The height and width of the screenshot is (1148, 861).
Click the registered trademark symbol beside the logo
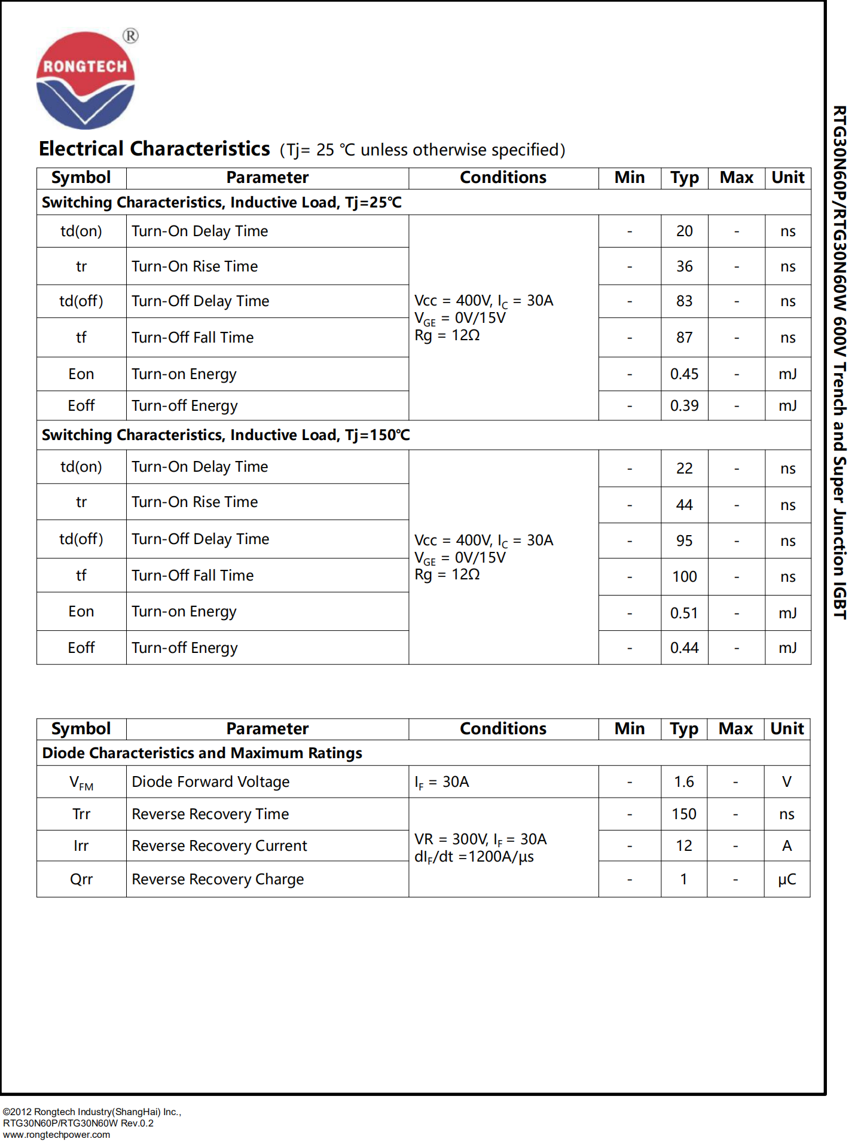coord(130,36)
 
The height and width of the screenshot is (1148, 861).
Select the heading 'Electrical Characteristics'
coord(154,149)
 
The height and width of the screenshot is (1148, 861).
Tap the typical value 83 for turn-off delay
coord(684,301)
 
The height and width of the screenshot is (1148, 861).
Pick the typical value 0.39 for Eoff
coord(684,406)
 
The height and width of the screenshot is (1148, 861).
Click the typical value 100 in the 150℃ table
coord(684,577)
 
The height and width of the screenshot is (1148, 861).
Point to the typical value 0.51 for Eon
coord(684,613)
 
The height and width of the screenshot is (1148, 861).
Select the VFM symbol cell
coord(81,783)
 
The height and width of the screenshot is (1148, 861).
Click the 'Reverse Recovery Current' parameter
coord(219,846)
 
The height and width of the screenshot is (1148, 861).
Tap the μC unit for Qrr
coord(786,880)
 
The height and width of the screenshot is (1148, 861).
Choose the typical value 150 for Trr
coord(684,814)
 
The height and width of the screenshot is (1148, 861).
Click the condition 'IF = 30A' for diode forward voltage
coord(442,783)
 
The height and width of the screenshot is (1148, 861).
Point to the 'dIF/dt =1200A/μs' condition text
coord(474,857)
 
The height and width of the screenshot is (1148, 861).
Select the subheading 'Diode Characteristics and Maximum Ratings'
coord(202,753)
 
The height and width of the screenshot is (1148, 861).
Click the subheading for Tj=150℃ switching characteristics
coord(225,435)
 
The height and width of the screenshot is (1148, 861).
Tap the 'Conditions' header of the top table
coord(503,178)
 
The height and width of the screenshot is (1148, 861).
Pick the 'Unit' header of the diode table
coord(787,729)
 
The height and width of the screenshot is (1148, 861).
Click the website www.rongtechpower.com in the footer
coord(57,1135)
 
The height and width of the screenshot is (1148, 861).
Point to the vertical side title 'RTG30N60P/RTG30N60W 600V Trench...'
coord(839,362)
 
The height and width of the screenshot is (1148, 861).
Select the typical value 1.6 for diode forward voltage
coord(684,782)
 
